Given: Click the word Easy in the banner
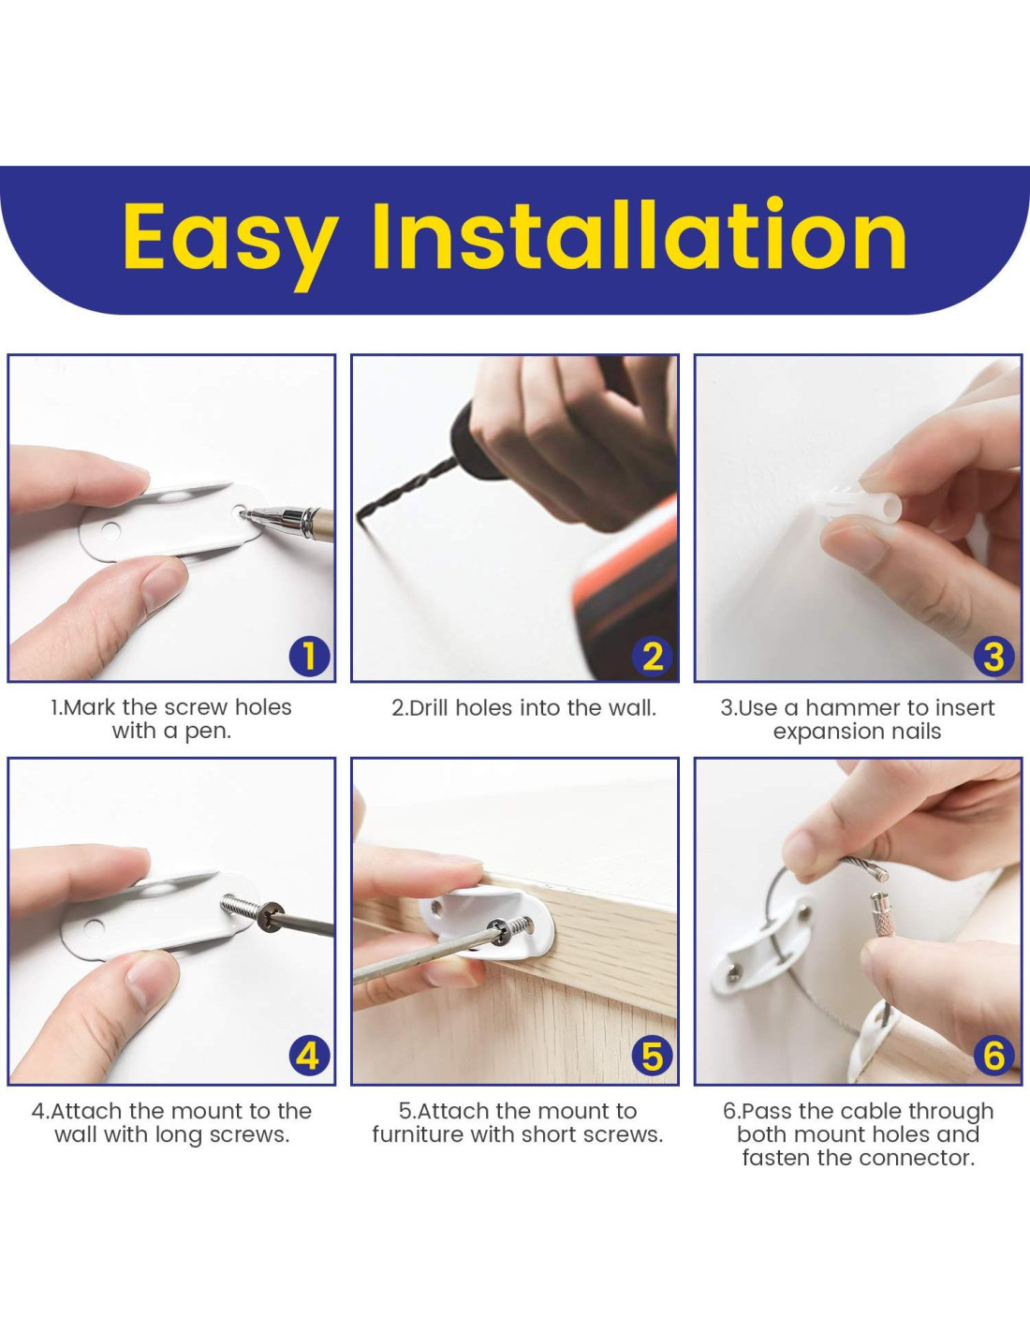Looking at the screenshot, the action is tap(230, 242).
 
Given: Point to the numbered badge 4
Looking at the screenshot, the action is tap(309, 1057).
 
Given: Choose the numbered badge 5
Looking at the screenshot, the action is tap(653, 1057).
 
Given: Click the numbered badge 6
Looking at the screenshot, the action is tap(993, 1057).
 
